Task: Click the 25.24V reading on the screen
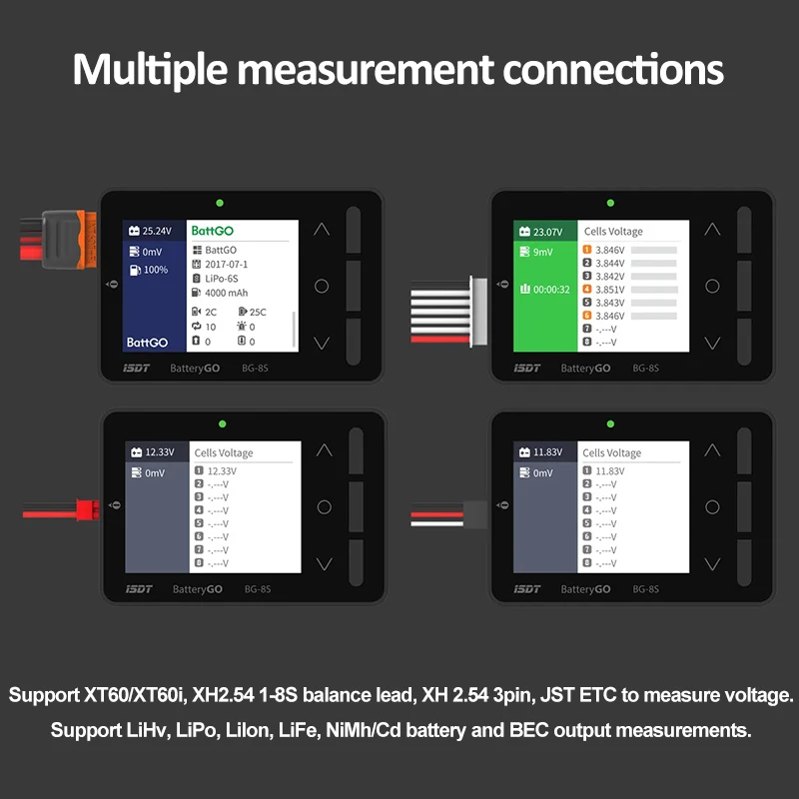click(x=157, y=231)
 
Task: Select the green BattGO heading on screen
click(x=212, y=231)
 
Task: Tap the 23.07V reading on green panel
click(x=547, y=232)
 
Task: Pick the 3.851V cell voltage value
click(x=610, y=290)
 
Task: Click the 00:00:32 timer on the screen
click(x=550, y=290)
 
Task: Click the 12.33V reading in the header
click(x=159, y=452)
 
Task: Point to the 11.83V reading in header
click(x=548, y=452)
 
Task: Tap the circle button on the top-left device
click(x=322, y=286)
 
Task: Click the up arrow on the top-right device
click(x=711, y=229)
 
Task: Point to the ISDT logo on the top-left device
click(x=138, y=369)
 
